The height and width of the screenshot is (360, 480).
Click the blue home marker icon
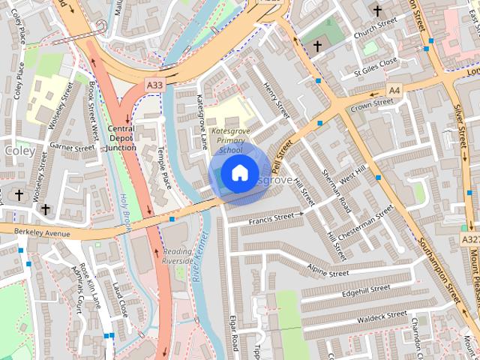click(x=239, y=173)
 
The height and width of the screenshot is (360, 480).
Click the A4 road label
click(x=394, y=91)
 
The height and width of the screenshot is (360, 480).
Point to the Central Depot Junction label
click(x=121, y=138)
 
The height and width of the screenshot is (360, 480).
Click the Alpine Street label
click(x=329, y=271)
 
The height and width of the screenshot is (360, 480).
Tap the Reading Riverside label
click(x=178, y=256)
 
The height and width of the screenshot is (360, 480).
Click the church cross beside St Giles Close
click(x=317, y=47)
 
